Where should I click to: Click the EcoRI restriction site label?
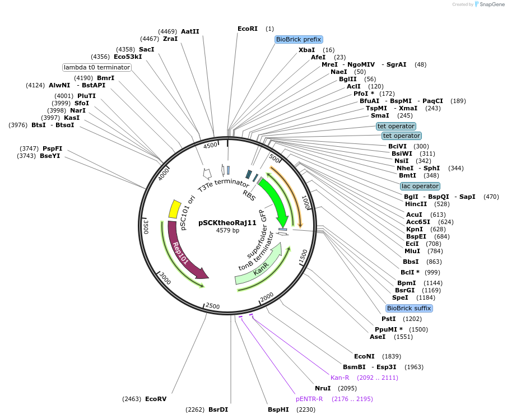[x=248, y=29]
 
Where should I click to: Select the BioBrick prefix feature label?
[x=299, y=39]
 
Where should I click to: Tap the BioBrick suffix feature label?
[x=409, y=308]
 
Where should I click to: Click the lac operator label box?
[x=420, y=186]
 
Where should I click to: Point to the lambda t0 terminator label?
[x=97, y=67]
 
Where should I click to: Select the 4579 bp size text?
[x=227, y=230]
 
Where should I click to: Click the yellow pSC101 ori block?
[x=174, y=209]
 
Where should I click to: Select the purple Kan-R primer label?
[x=342, y=378]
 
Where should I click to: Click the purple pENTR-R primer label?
[x=309, y=399]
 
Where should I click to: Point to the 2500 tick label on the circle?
[x=213, y=306]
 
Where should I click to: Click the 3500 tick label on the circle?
[x=146, y=226]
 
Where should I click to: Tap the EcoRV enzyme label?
[x=156, y=399]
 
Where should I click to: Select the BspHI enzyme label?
[x=278, y=409]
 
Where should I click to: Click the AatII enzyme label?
[x=190, y=31]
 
